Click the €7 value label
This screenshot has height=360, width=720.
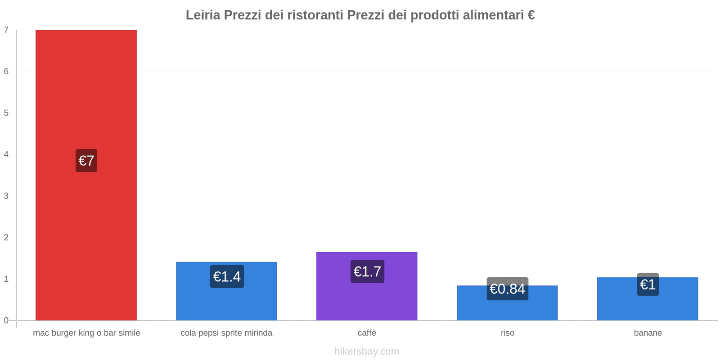click(x=86, y=161)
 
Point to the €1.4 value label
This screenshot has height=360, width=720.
click(x=227, y=276)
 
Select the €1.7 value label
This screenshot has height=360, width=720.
click(x=367, y=271)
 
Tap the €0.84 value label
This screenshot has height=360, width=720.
click(x=507, y=289)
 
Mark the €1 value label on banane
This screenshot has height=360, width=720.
click(x=648, y=284)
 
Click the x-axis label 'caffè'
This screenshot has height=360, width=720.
click(x=367, y=333)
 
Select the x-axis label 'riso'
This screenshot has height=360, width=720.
click(x=507, y=333)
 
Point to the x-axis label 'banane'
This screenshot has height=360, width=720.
click(x=648, y=333)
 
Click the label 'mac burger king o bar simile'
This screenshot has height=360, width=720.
click(x=86, y=333)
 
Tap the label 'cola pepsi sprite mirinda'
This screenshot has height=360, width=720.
click(x=226, y=333)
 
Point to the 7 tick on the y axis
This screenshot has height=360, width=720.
click(x=6, y=30)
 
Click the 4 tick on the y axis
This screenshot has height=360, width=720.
click(x=6, y=154)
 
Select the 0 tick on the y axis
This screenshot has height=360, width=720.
click(x=6, y=320)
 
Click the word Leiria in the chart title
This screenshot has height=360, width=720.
click(x=203, y=15)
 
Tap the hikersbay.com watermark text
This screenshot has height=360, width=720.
click(x=367, y=351)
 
